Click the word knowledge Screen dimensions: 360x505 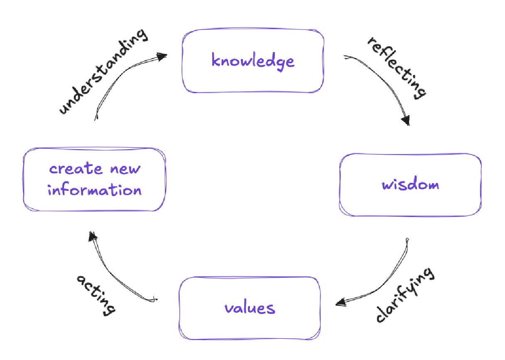pyautogui.click(x=252, y=61)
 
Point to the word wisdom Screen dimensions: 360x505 pyautogui.click(x=410, y=184)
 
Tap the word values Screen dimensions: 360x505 pyautogui.click(x=250, y=308)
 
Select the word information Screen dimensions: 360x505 pyautogui.click(x=95, y=190)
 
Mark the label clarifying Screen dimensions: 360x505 pyautogui.click(x=405, y=295)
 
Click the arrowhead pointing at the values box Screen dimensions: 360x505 pyautogui.click(x=341, y=303)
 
